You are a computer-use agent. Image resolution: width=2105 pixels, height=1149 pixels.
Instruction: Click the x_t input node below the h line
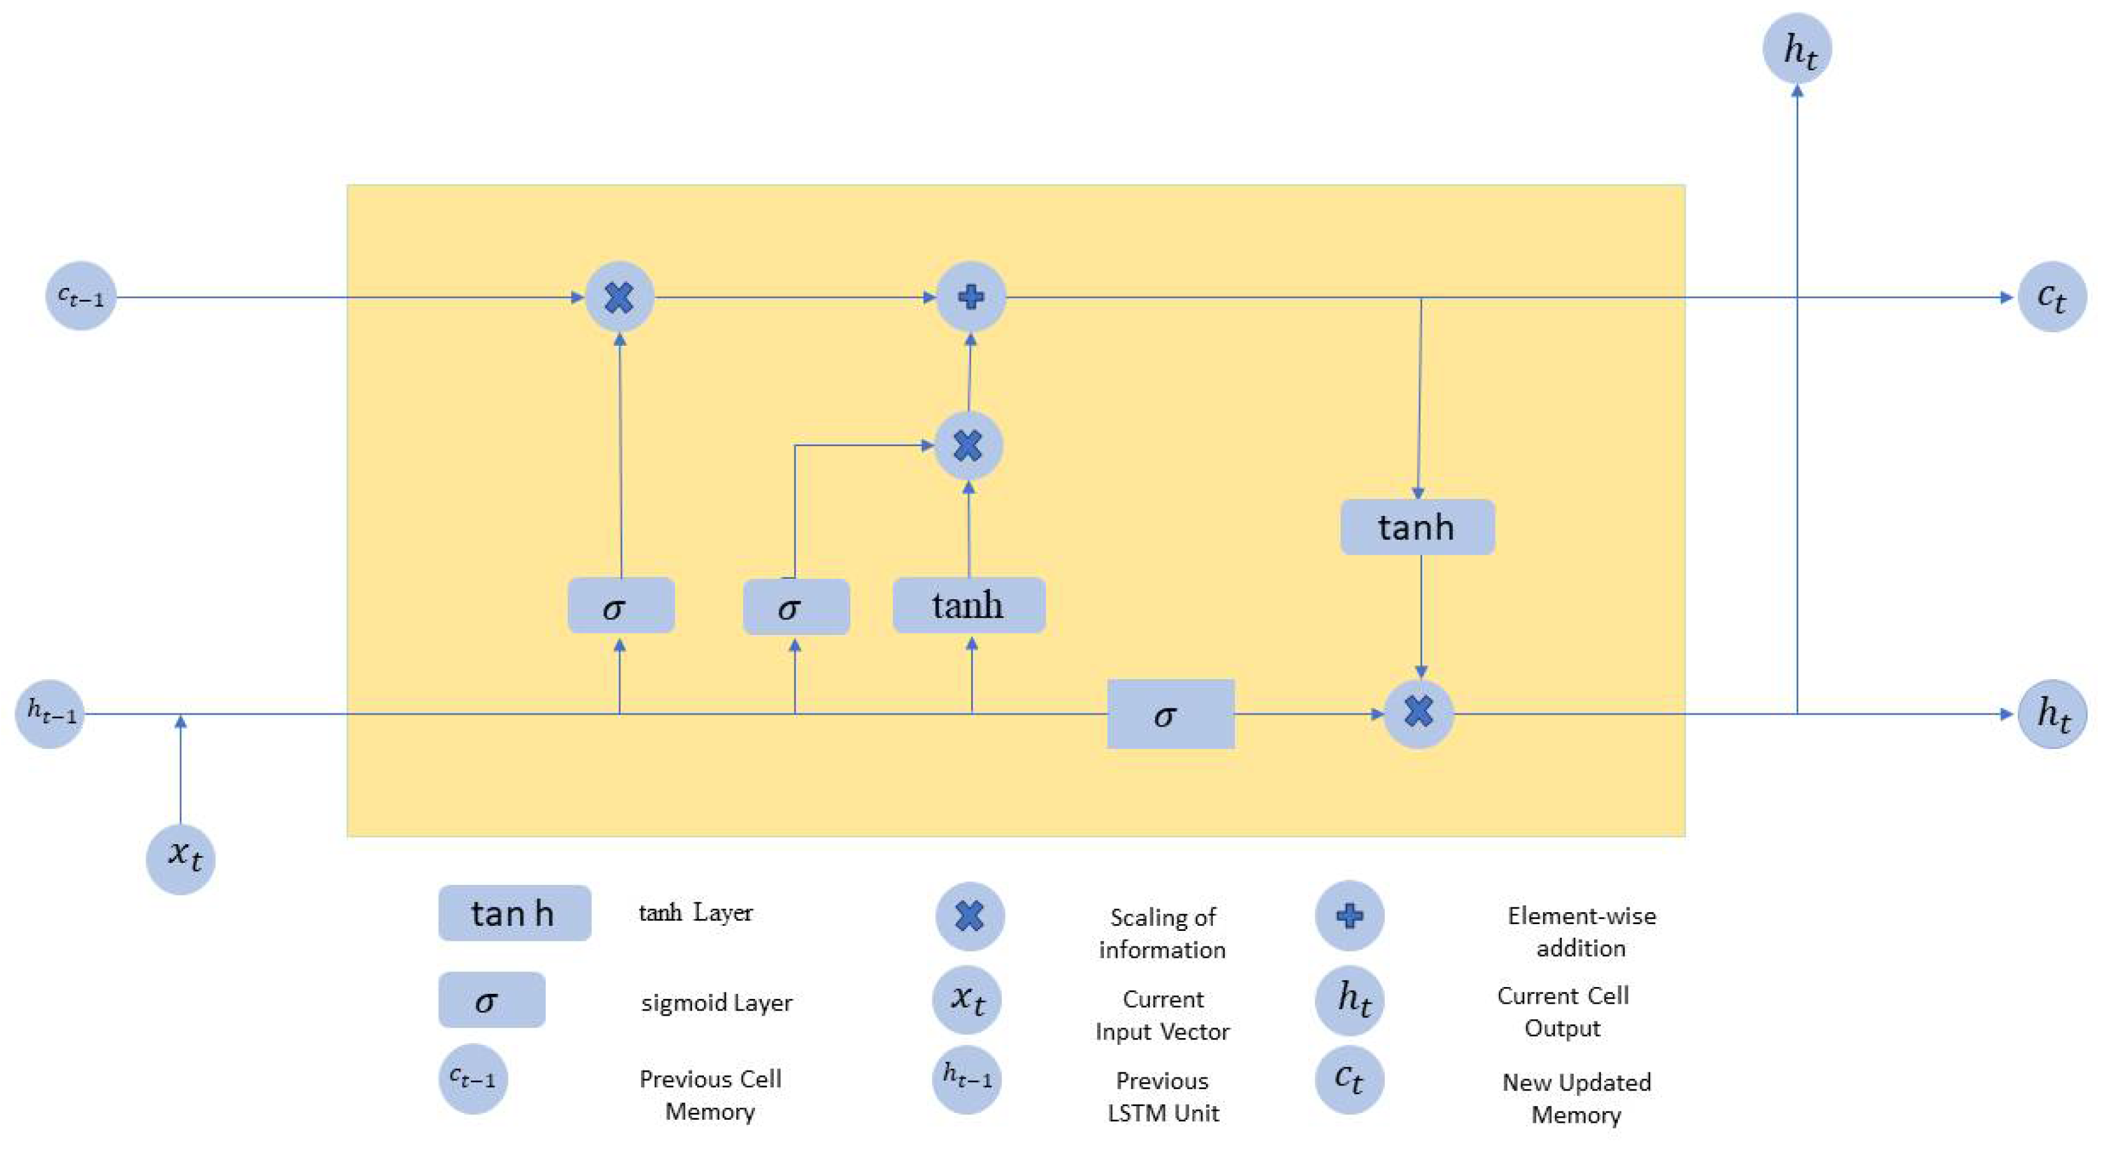[x=181, y=858]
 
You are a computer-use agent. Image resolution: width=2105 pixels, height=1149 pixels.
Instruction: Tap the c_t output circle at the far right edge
[x=2052, y=297]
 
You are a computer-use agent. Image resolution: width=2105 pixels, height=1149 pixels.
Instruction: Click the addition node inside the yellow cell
[x=970, y=297]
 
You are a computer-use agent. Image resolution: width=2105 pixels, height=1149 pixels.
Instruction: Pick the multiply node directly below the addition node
[x=968, y=446]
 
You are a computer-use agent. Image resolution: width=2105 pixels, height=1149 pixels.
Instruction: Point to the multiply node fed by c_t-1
[x=619, y=297]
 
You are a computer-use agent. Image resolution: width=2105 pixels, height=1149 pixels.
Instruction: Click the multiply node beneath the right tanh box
[x=1418, y=713]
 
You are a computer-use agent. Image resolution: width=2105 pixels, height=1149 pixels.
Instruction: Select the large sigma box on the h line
[x=1170, y=714]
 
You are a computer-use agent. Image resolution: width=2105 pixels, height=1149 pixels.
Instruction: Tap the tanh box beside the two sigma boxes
[x=968, y=606]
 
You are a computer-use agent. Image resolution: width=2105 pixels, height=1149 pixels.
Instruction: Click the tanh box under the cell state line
[x=1418, y=527]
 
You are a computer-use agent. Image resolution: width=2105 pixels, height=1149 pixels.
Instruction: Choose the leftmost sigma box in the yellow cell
[x=620, y=606]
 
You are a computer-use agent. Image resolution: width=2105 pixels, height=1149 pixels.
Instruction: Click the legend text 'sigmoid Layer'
[x=716, y=1003]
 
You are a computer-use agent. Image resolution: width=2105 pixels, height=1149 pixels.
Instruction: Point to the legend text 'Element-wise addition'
[x=1581, y=932]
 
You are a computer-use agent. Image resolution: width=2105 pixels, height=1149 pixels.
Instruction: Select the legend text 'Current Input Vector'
[x=1162, y=1015]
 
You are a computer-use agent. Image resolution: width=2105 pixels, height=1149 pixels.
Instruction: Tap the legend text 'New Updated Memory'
[x=1576, y=1099]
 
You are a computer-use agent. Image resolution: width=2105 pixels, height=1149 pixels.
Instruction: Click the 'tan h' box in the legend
[x=514, y=913]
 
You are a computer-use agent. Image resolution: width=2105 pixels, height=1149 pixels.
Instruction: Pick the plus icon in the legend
[x=1349, y=915]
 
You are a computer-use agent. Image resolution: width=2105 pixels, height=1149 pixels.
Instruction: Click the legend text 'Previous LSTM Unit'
[x=1162, y=1097]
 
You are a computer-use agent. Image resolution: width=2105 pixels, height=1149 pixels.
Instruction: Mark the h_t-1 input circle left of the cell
[x=50, y=713]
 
